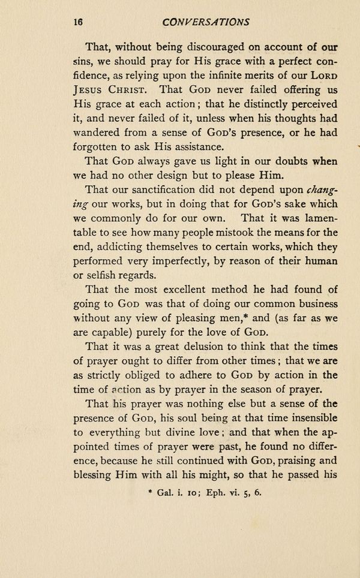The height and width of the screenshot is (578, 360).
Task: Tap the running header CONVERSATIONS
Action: coord(206,22)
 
